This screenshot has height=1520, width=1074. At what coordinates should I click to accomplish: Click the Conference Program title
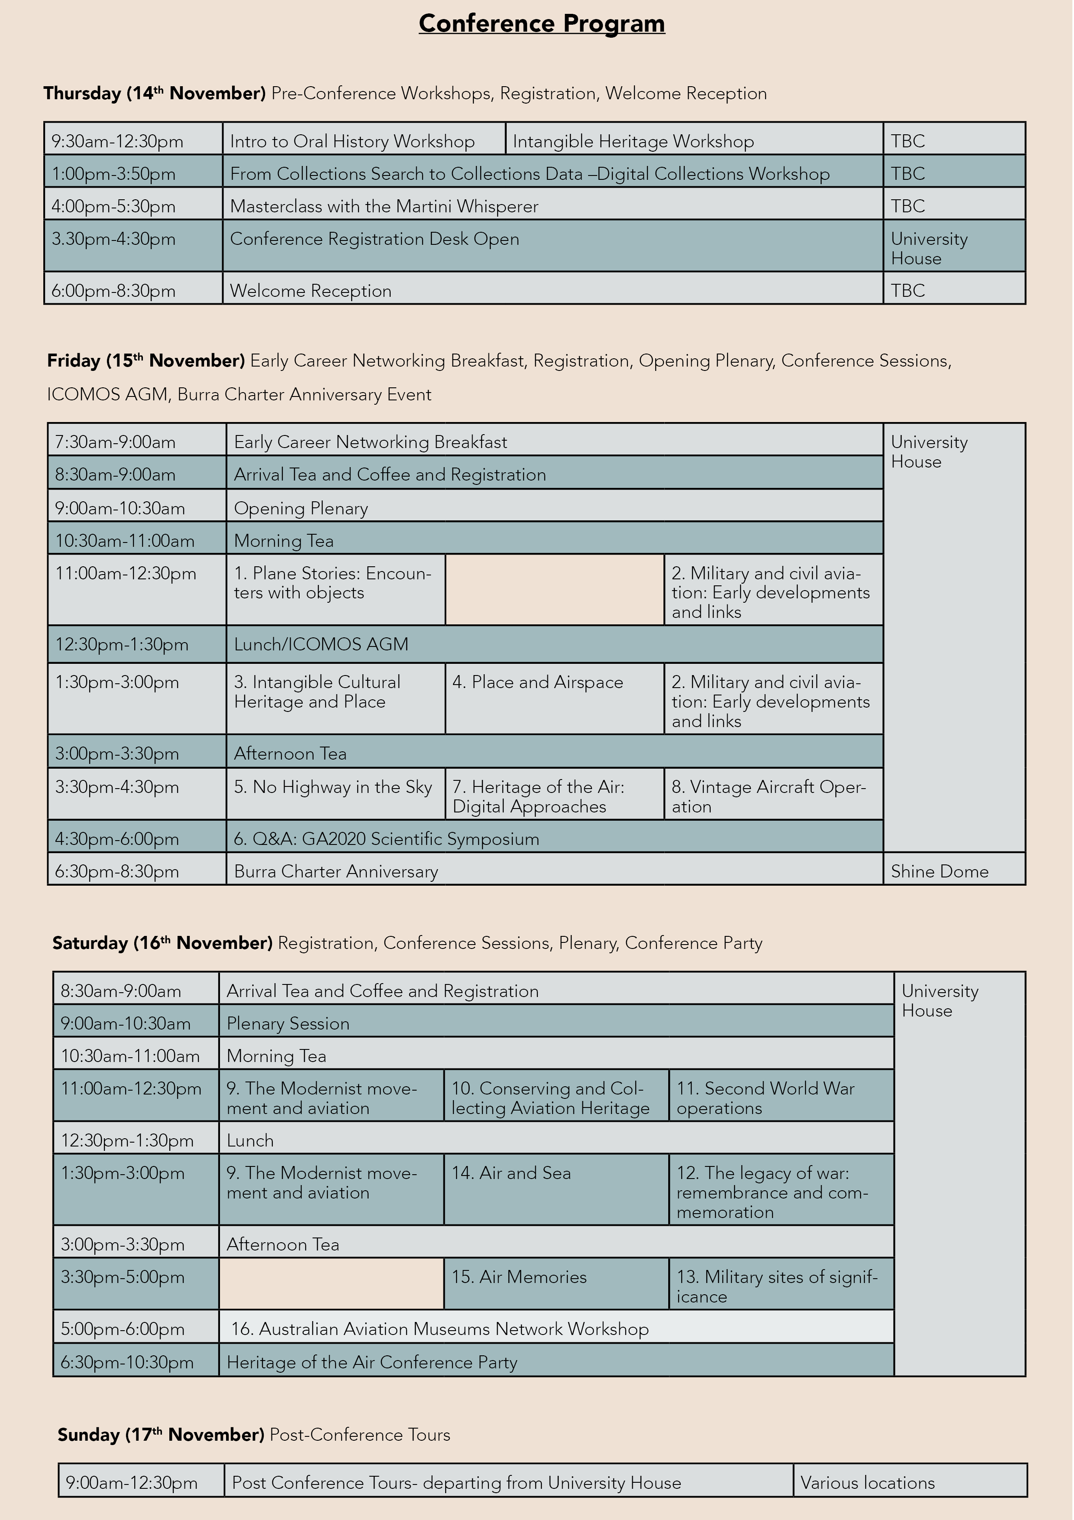click(x=541, y=24)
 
